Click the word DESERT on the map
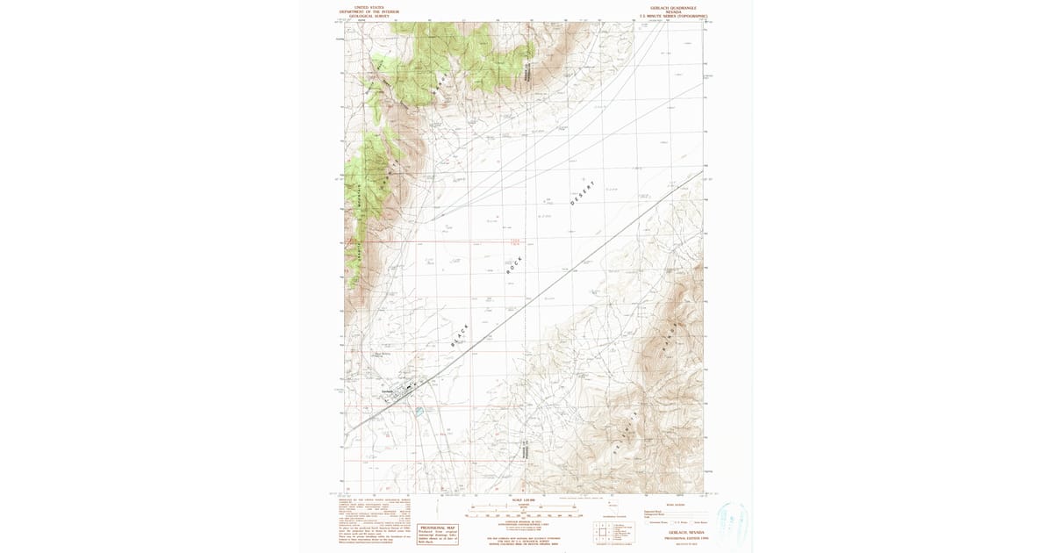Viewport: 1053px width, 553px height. point(582,194)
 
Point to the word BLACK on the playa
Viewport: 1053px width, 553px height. point(459,337)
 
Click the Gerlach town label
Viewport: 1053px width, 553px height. point(387,391)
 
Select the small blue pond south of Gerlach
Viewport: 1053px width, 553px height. point(420,410)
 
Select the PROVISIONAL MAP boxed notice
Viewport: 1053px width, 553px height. point(440,532)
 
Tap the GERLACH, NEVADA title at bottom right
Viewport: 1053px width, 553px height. point(684,532)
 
